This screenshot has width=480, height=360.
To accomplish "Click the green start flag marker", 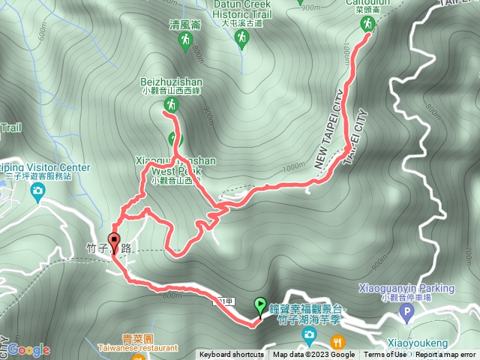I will [x=260, y=304].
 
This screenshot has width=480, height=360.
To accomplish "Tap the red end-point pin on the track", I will [x=114, y=242].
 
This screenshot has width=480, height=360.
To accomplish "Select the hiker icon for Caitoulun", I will [x=367, y=25].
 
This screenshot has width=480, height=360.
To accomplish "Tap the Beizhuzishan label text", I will [x=171, y=81].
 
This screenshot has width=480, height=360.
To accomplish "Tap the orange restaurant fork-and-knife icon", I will [x=337, y=341].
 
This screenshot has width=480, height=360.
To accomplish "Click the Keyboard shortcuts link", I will [x=232, y=355].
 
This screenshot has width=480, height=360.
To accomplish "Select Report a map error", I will [x=446, y=355].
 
